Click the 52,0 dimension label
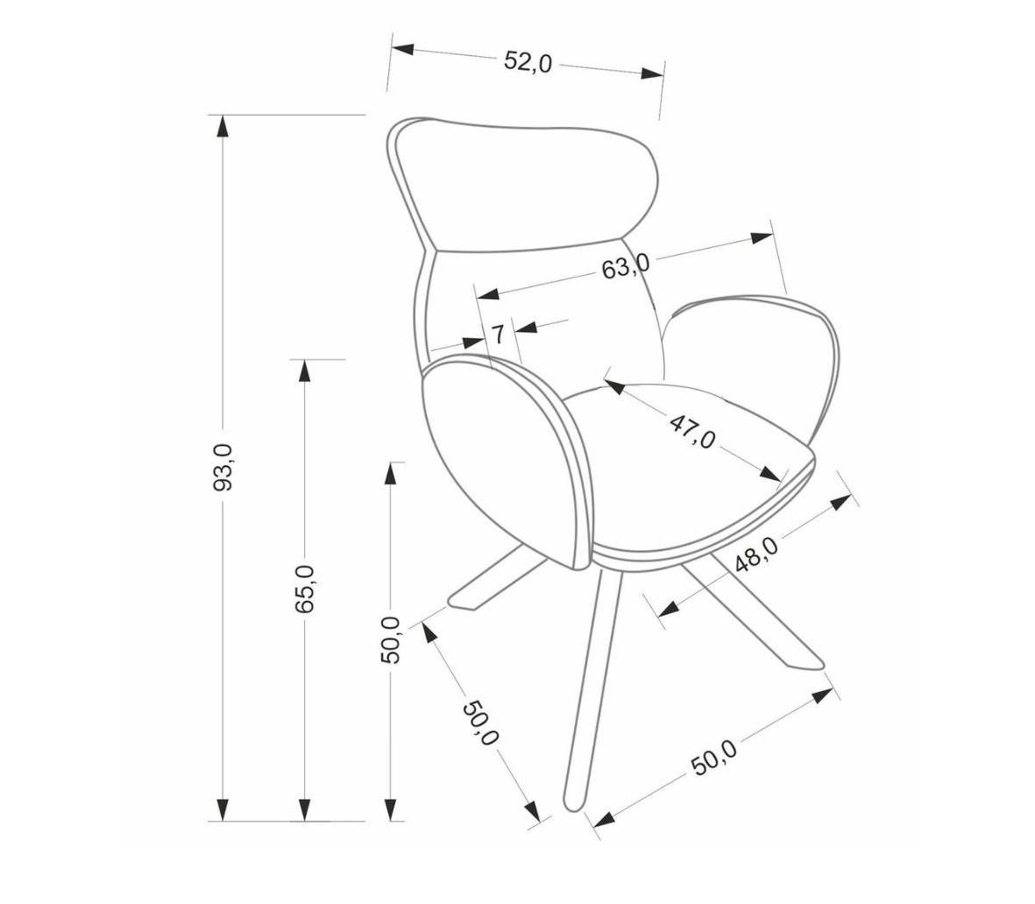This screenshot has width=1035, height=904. [x=528, y=61]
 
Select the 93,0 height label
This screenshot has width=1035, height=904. [x=223, y=467]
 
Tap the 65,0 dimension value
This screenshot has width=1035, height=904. [x=304, y=590]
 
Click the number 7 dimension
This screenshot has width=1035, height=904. [x=499, y=334]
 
